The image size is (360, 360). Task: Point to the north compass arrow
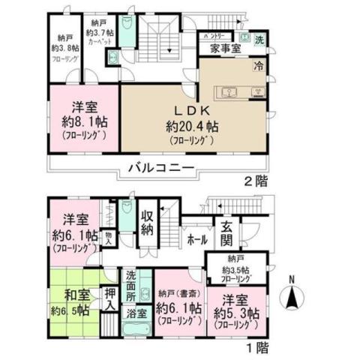(292, 300)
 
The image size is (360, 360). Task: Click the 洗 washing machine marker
(259, 38)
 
